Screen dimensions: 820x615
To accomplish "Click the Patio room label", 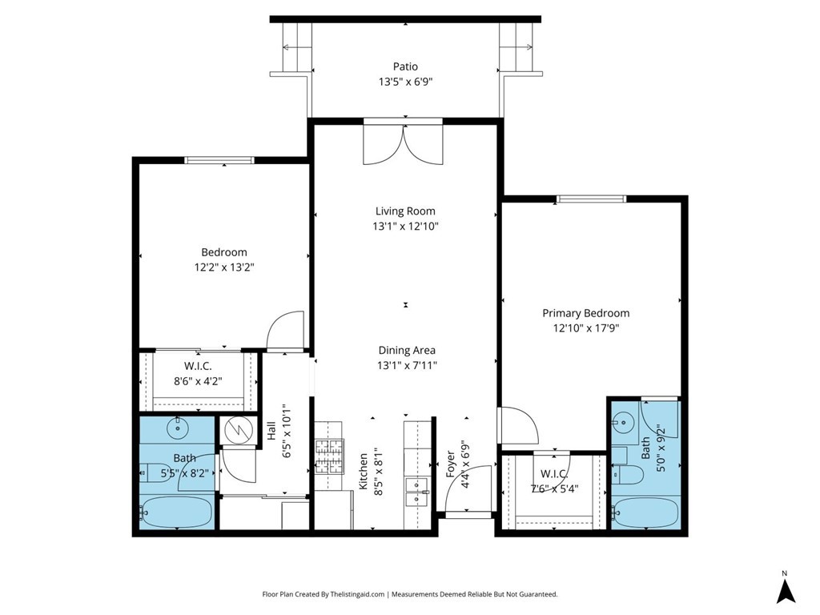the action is click(405, 66).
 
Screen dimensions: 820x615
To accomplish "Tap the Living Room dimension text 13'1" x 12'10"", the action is click(405, 227).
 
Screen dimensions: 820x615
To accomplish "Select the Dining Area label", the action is click(407, 351).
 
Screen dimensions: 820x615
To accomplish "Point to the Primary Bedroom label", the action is click(585, 313).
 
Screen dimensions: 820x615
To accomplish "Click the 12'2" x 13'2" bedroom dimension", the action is click(224, 267).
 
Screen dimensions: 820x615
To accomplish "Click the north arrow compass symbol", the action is click(785, 591).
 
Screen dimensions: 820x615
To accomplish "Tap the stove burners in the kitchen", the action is click(328, 456).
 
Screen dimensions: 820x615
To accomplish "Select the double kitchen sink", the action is click(416, 492).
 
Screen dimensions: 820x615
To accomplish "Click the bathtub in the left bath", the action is click(177, 512).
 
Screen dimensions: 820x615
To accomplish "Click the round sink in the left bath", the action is click(179, 428).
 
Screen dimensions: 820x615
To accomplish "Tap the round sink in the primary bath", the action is click(624, 421).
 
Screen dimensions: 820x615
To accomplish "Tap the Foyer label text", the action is click(450, 464).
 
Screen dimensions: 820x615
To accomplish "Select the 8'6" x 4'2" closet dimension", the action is click(199, 381).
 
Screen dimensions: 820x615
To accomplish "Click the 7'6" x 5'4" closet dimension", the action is click(554, 489).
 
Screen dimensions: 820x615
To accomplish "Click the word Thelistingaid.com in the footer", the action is click(357, 594).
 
